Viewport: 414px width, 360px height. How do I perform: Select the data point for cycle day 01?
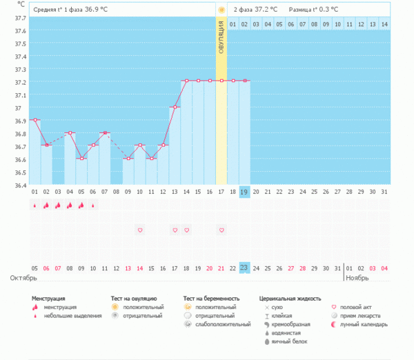34,120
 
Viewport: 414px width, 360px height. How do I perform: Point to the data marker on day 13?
175,107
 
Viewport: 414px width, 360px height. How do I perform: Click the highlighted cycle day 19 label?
244,192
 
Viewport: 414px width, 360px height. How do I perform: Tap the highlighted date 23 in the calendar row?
244,268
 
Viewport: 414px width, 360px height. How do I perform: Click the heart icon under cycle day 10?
140,230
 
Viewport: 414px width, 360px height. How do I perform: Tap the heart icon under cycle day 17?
221,230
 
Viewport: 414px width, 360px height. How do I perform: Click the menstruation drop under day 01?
34,206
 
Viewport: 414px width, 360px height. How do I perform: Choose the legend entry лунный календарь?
364,323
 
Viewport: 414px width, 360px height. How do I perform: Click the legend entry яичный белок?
289,341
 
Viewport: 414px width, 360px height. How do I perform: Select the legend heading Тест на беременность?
213,299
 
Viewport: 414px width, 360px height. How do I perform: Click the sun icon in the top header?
221,10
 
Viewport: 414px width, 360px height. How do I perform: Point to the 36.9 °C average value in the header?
97,10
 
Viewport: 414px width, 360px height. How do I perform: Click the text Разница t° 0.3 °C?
314,10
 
